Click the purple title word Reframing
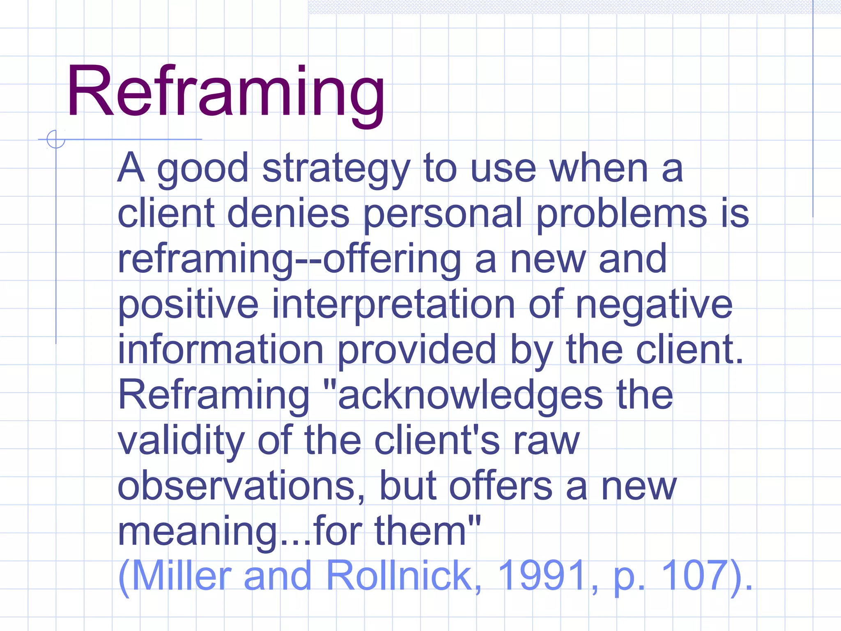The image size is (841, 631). point(225,92)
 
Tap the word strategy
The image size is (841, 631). point(336,169)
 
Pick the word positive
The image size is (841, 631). point(188,305)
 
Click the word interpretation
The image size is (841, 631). point(393,305)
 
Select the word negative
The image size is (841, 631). point(654,305)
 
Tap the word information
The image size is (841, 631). point(221,350)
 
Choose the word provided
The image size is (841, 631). point(416,350)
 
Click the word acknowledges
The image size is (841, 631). point(470,396)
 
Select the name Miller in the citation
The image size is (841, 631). point(181,576)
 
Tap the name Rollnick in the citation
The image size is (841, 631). point(399,576)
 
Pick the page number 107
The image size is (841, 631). point(695,576)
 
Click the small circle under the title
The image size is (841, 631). point(56,139)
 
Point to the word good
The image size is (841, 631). point(203,170)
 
